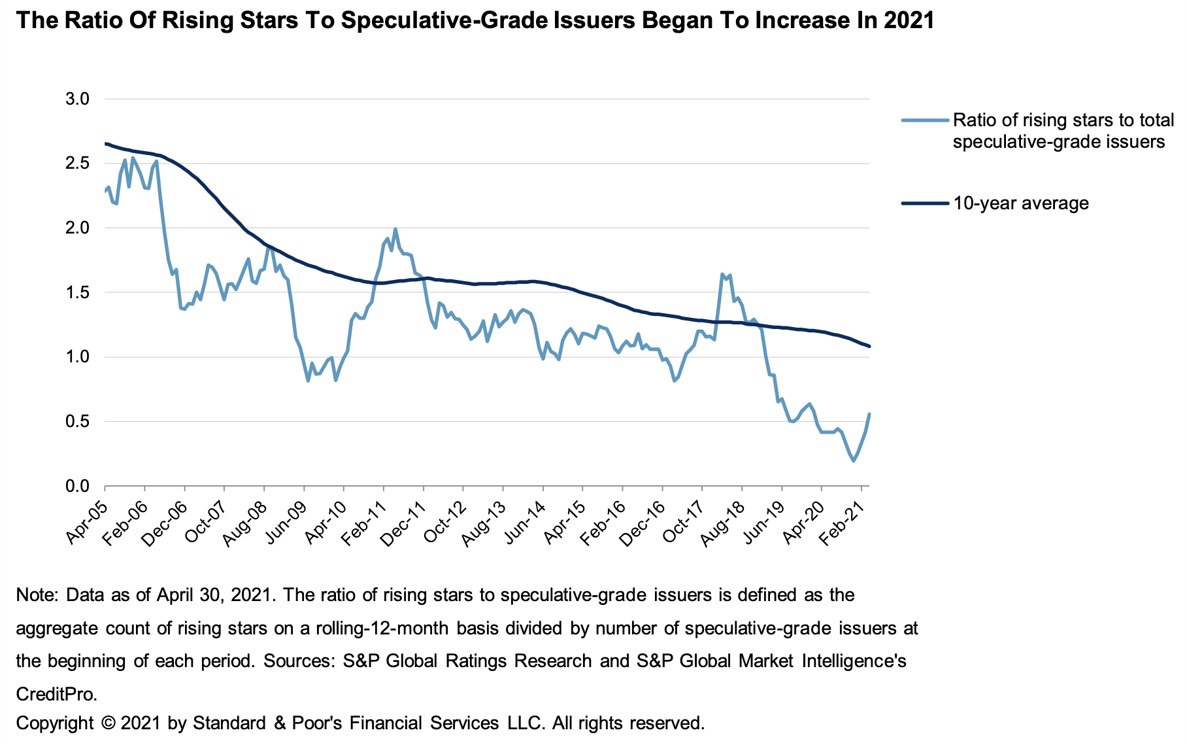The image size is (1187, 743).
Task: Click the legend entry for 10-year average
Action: [1020, 203]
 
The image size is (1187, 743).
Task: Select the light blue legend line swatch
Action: [924, 120]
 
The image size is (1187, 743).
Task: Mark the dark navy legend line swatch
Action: [924, 203]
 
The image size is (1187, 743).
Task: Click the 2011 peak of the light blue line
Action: [395, 229]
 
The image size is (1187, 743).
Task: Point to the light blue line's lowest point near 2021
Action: [853, 461]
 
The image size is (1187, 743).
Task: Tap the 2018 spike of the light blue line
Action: [722, 274]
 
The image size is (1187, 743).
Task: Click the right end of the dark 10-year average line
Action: [869, 346]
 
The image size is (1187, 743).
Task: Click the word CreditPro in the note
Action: [56, 693]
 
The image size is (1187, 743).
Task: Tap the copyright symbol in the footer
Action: [109, 723]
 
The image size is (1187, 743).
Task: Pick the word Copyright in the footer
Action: [54, 723]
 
